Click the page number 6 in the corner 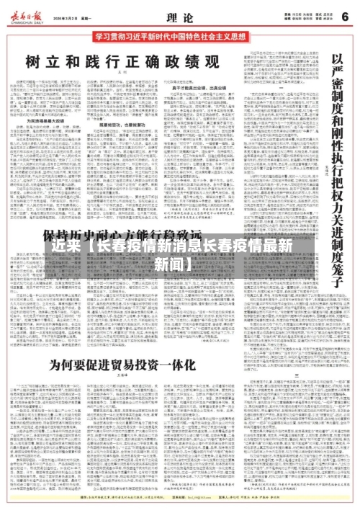pyautogui.click(x=343, y=15)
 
